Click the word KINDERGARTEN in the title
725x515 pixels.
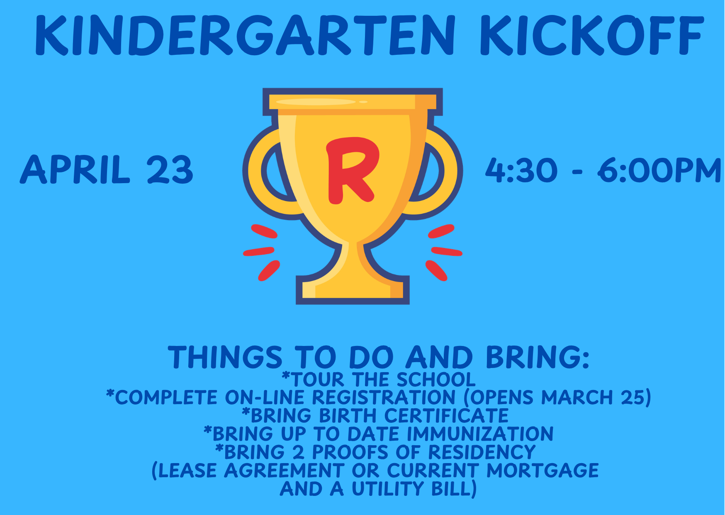tap(245, 36)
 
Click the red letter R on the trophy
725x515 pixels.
tap(353, 170)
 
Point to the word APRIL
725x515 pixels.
tap(75, 169)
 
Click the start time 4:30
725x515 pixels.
tap(521, 170)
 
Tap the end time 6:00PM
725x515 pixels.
tap(659, 170)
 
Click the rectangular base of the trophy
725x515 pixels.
tap(353, 290)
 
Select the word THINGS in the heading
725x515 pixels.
tap(225, 357)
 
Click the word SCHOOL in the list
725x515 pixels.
tap(436, 380)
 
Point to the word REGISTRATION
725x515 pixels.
tap(384, 397)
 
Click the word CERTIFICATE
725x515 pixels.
tap(446, 416)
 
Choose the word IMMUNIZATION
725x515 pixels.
tap(480, 434)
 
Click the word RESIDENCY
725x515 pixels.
tap(482, 452)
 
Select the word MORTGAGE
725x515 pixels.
tap(543, 471)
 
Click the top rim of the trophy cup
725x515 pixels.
tap(353, 102)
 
